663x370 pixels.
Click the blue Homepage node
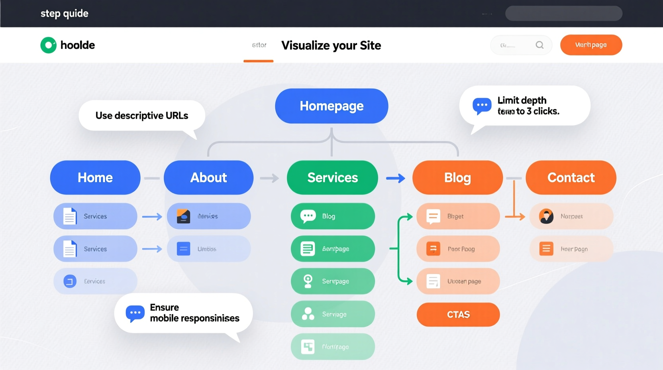(x=331, y=106)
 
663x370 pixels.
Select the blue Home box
(x=95, y=177)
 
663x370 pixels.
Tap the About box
(x=208, y=177)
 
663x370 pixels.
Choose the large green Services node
(x=332, y=177)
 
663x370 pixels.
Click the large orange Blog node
(x=457, y=177)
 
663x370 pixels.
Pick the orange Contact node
(x=571, y=177)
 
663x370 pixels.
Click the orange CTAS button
(x=458, y=315)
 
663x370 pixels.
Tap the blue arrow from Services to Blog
(x=396, y=178)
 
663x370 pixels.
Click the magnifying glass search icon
(x=539, y=45)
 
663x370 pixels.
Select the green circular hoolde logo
(x=49, y=45)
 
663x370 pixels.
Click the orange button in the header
(x=591, y=45)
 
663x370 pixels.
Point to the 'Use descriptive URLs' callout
(x=142, y=116)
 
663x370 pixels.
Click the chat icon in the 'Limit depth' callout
(x=482, y=106)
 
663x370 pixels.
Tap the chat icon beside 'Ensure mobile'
(x=135, y=313)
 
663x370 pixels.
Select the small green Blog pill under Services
(x=333, y=216)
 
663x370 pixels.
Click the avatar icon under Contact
(x=546, y=216)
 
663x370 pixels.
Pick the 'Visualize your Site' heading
(x=331, y=45)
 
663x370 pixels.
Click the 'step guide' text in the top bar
(x=65, y=14)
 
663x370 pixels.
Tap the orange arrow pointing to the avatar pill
(x=516, y=216)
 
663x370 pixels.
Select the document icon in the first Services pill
(x=70, y=216)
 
